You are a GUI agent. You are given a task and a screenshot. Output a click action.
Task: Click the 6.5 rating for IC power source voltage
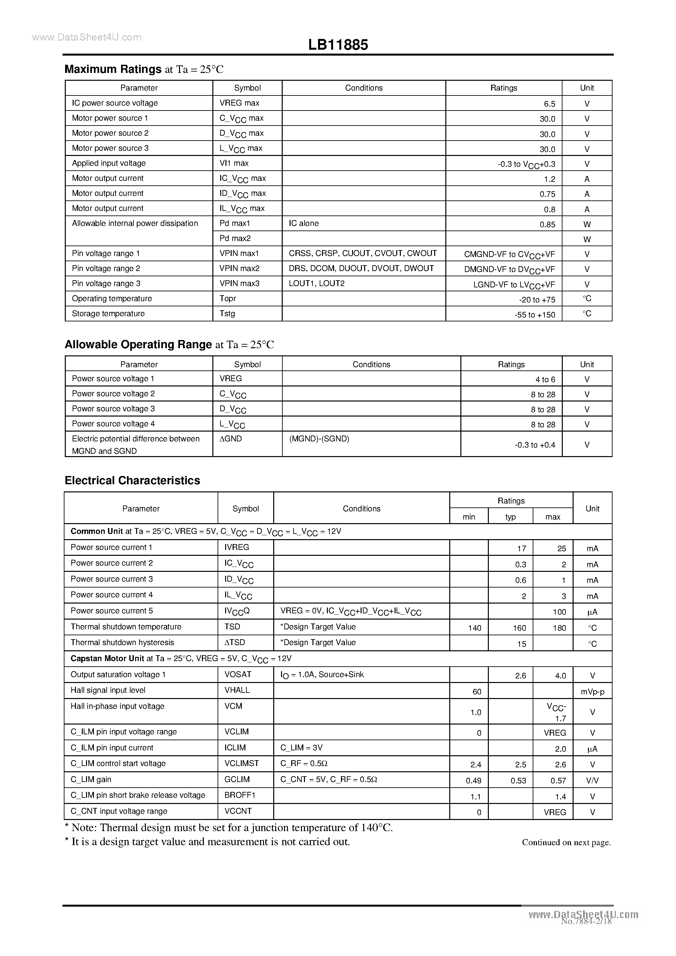[x=549, y=104]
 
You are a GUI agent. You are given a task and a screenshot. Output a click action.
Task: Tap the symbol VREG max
[x=239, y=103]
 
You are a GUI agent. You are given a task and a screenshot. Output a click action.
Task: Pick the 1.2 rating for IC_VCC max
[x=549, y=179]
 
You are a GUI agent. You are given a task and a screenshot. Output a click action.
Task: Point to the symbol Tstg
[x=227, y=313]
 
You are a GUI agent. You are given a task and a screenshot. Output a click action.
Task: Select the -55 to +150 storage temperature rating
[x=535, y=315]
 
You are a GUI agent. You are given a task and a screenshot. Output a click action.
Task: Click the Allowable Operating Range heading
[x=138, y=344]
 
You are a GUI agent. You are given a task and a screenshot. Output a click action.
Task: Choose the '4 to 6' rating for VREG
[x=545, y=379]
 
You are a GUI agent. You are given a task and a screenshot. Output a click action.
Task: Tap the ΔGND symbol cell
[x=230, y=438]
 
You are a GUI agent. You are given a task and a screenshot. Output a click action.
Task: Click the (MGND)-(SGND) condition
[x=319, y=438]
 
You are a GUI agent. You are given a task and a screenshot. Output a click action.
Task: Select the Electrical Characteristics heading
[x=132, y=481]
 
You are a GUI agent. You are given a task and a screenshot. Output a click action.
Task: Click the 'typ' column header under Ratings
[x=510, y=517]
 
